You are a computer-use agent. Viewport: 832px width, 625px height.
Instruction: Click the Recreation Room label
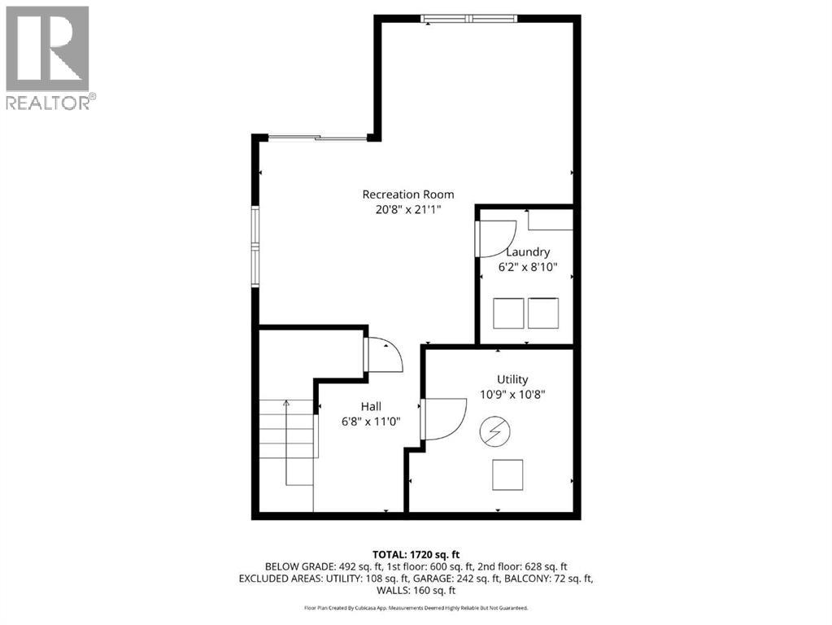pyautogui.click(x=407, y=194)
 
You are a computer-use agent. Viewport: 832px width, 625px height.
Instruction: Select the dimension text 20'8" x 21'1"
pyautogui.click(x=407, y=209)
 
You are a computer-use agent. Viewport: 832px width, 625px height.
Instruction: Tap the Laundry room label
pyautogui.click(x=528, y=252)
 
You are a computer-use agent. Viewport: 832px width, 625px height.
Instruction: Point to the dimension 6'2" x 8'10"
pyautogui.click(x=528, y=267)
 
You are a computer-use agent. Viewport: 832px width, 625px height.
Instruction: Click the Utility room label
pyautogui.click(x=512, y=379)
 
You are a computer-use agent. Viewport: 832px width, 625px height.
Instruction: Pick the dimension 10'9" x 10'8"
pyautogui.click(x=512, y=394)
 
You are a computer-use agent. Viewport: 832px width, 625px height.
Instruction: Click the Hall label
pyautogui.click(x=371, y=406)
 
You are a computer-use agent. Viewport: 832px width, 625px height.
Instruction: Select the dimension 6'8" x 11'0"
pyautogui.click(x=371, y=421)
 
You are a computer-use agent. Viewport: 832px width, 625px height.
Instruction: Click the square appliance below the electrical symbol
pyautogui.click(x=507, y=475)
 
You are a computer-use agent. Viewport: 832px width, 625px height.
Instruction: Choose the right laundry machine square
pyautogui.click(x=543, y=313)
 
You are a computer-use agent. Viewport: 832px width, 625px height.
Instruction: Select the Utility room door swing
pyautogui.click(x=442, y=418)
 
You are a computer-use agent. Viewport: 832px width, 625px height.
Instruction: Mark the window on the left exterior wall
pyautogui.click(x=255, y=247)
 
